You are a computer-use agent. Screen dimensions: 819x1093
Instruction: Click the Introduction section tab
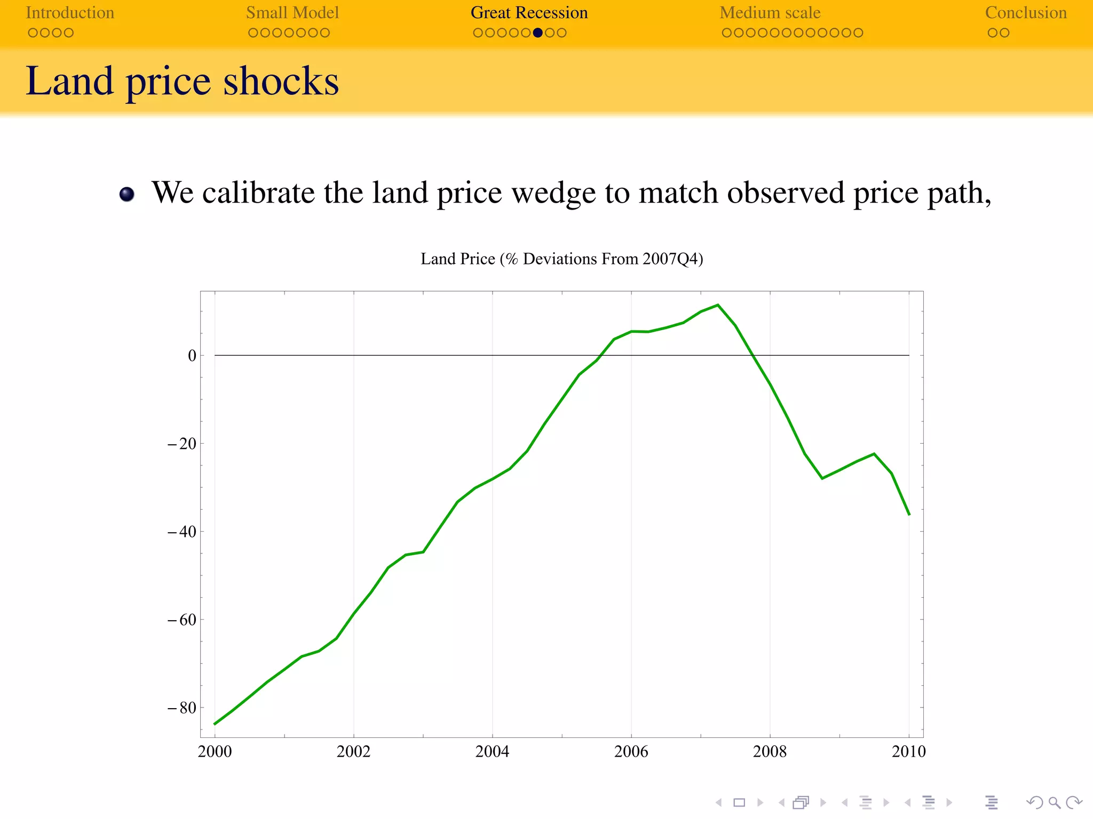[70, 13]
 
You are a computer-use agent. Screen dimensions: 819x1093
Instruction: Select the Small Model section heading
[292, 13]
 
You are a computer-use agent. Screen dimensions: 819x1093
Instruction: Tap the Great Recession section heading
[529, 13]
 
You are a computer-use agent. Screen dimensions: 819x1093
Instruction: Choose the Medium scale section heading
[770, 13]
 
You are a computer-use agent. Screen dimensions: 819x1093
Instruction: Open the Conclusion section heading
[1025, 13]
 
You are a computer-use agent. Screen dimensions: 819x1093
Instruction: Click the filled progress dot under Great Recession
[537, 33]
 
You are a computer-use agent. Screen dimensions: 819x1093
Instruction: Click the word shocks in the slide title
[281, 82]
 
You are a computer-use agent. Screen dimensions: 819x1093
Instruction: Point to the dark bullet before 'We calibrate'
[127, 195]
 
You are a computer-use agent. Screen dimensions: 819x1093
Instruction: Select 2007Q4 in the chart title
[670, 259]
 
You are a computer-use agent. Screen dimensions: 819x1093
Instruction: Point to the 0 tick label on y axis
[192, 356]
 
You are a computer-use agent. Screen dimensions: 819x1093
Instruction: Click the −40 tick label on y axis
[183, 532]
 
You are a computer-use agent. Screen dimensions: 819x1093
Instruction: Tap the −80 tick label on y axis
[183, 708]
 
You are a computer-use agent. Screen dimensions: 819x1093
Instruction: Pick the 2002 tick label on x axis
[353, 752]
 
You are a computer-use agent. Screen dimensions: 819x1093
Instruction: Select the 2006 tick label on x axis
[631, 752]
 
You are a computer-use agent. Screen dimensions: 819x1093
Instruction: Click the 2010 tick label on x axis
[908, 752]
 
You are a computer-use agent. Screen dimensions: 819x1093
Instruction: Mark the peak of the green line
[718, 306]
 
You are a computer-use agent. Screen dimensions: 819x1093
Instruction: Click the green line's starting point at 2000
[215, 724]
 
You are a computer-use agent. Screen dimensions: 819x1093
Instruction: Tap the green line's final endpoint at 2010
[909, 514]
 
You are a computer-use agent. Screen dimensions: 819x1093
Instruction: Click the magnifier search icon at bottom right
[1054, 802]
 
